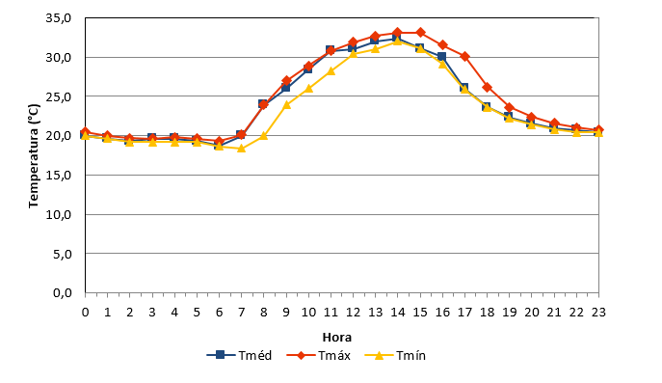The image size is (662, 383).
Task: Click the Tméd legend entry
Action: click(x=239, y=355)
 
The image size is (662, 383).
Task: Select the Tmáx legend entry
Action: click(x=319, y=355)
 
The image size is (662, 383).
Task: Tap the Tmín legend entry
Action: click(x=396, y=355)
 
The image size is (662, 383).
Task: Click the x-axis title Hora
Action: click(x=337, y=338)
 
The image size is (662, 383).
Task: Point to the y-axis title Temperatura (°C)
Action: click(x=34, y=156)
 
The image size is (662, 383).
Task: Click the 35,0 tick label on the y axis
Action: click(x=59, y=18)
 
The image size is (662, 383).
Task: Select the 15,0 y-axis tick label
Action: click(x=59, y=175)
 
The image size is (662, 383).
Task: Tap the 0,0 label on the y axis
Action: click(x=63, y=292)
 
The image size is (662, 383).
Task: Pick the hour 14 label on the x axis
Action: click(x=397, y=313)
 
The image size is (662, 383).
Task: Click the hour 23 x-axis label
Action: click(x=598, y=313)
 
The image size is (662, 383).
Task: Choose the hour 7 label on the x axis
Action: click(x=242, y=313)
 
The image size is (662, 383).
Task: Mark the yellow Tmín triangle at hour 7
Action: click(x=242, y=149)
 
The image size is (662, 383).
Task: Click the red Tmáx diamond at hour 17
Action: click(x=464, y=56)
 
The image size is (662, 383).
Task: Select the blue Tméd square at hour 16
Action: click(x=441, y=56)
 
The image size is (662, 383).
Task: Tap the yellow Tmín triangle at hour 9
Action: click(x=286, y=104)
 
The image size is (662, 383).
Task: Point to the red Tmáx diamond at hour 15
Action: click(x=420, y=33)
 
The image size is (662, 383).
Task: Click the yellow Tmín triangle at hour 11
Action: click(x=331, y=71)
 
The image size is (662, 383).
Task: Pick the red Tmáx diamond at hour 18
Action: click(x=488, y=88)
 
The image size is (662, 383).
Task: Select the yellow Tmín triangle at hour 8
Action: click(x=264, y=136)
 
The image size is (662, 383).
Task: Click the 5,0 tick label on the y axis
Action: click(x=63, y=254)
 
